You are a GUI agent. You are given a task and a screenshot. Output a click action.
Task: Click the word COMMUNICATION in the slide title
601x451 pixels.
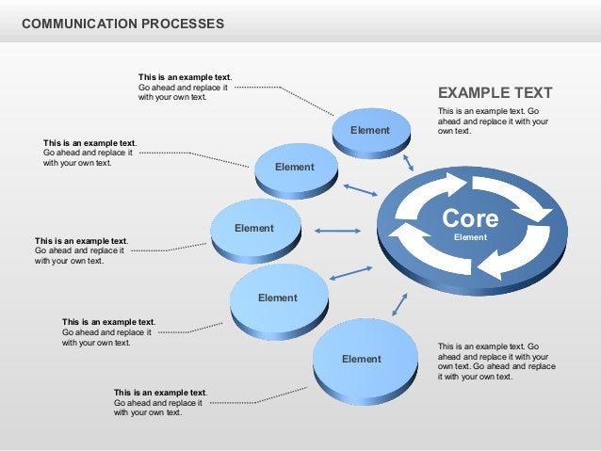[x=75, y=22]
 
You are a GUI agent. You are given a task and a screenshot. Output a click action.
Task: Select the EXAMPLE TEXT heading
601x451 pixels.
[x=495, y=93]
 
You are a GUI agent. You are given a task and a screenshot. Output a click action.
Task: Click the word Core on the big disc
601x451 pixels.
[x=470, y=218]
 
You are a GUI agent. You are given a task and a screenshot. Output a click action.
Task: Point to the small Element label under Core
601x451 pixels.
[x=470, y=237]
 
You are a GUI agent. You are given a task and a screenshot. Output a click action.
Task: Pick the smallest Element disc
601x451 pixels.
[x=372, y=132]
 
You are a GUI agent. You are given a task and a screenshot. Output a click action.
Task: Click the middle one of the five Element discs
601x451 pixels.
[x=255, y=229]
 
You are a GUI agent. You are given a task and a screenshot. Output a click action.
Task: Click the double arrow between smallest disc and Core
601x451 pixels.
[x=408, y=162]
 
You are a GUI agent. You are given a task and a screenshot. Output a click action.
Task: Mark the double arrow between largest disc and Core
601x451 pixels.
[x=399, y=303]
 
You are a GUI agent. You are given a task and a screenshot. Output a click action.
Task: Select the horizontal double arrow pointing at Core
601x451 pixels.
[x=337, y=231]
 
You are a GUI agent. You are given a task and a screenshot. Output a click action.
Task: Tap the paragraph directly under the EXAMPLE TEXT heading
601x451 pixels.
[x=493, y=121]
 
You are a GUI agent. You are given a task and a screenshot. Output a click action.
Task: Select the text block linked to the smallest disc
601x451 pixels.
[x=185, y=87]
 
